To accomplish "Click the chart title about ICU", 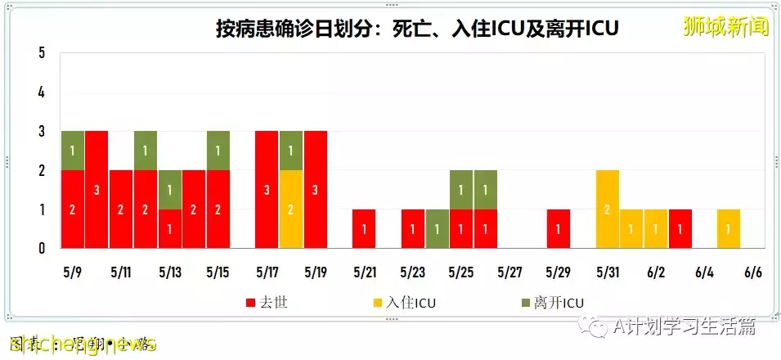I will click(x=416, y=29).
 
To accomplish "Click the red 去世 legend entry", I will click(x=267, y=303).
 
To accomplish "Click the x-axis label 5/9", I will click(x=72, y=272).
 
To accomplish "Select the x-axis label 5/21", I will click(x=364, y=272).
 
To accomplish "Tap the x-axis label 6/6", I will click(x=753, y=272).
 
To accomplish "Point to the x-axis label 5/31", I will click(x=608, y=272).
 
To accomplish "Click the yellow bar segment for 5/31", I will click(x=608, y=209).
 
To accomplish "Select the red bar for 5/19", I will click(x=316, y=189).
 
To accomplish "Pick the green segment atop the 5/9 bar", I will click(x=73, y=150).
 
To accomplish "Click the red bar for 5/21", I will click(x=364, y=228).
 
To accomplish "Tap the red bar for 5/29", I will click(x=559, y=228).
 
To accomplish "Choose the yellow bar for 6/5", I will click(x=729, y=228).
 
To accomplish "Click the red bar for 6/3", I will click(x=680, y=228).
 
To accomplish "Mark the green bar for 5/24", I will click(x=437, y=228).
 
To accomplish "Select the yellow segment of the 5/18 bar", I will click(x=291, y=209).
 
